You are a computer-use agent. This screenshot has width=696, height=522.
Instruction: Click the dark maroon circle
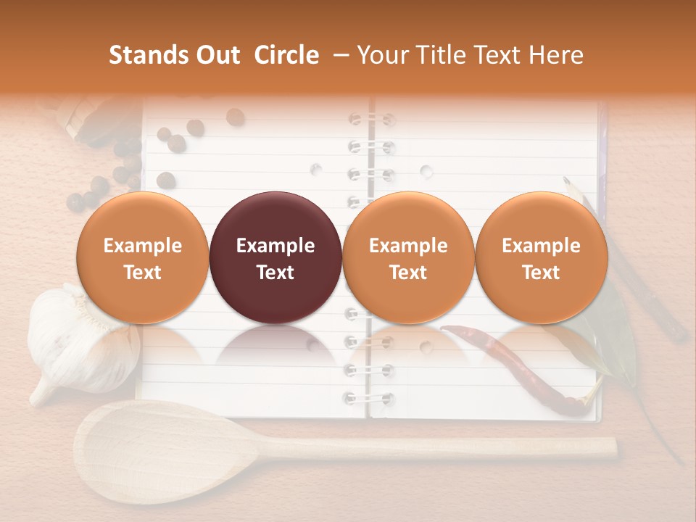[275, 257]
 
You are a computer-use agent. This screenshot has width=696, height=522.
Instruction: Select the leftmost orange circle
[143, 257]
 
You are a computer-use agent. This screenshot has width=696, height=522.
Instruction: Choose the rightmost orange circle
[542, 257]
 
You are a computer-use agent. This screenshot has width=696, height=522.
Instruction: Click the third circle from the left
[408, 257]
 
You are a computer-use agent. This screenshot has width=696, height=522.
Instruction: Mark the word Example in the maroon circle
[275, 246]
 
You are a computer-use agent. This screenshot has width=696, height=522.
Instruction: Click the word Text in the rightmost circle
[542, 273]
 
